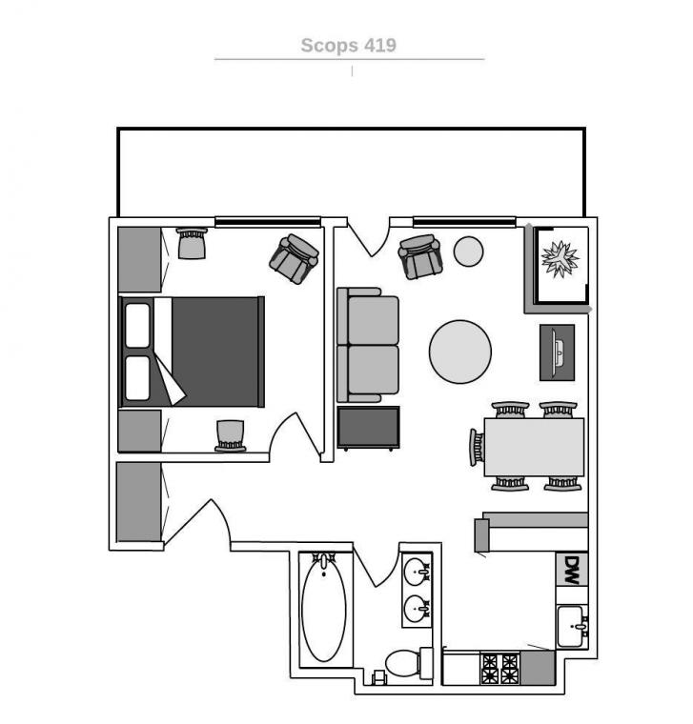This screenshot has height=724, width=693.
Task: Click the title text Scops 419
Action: (348, 46)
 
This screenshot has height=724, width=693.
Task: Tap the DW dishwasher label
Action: (572, 570)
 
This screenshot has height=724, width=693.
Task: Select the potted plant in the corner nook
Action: (561, 259)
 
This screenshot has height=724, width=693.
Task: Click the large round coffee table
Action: (460, 352)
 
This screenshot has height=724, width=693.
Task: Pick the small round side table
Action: (468, 251)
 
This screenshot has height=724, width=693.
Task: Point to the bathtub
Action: (324, 610)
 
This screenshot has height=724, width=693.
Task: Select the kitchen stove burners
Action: (500, 668)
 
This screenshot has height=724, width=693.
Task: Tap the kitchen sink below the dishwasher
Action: (573, 627)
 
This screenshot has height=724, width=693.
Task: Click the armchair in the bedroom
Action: (294, 258)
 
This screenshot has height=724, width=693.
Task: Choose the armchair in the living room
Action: (420, 256)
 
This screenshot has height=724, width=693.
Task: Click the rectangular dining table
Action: (534, 447)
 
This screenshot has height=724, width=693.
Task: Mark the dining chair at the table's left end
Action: (477, 447)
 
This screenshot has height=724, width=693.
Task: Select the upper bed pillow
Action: (137, 325)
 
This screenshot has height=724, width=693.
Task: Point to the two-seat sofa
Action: (368, 345)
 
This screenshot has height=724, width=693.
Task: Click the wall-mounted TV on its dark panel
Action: (558, 352)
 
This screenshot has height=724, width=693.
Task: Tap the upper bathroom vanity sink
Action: (418, 573)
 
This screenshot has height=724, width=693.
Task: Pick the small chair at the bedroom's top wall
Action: (192, 243)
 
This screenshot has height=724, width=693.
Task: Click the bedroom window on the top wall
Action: (268, 222)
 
